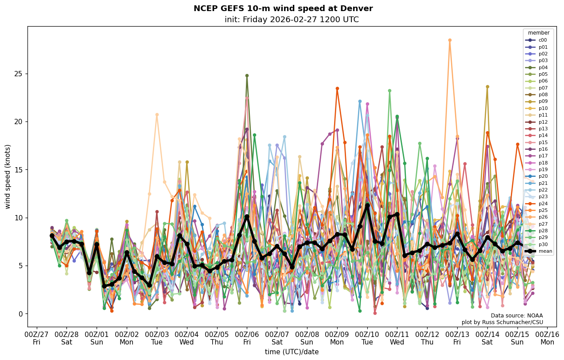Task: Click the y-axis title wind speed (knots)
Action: click(8, 176)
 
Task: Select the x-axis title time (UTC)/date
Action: click(292, 352)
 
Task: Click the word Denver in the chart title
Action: click(358, 9)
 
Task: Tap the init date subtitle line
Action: click(292, 20)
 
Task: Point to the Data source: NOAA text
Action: click(517, 316)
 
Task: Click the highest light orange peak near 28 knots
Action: click(450, 40)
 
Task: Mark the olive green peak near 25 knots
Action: click(247, 75)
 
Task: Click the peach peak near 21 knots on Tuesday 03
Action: click(157, 114)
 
